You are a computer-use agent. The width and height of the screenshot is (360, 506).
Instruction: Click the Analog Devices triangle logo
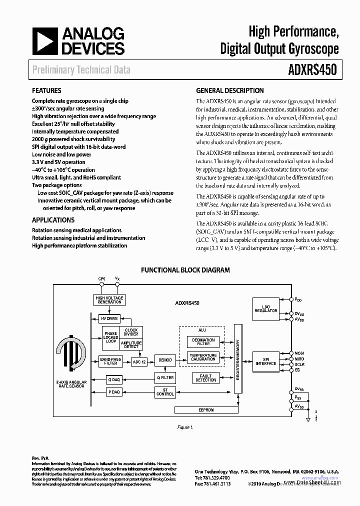point(43,41)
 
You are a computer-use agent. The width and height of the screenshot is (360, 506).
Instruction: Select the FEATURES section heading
point(46,90)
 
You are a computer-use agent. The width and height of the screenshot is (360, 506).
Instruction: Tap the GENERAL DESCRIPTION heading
point(229,90)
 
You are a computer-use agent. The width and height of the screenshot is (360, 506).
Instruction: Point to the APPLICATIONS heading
point(53,220)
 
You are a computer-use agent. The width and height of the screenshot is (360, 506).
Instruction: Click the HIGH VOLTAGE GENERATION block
point(109,300)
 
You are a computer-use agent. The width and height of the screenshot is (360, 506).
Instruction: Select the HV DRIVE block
point(109,318)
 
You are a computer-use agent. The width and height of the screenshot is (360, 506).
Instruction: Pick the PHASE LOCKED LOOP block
point(110,337)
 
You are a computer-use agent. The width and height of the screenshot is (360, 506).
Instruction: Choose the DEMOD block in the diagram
point(165,360)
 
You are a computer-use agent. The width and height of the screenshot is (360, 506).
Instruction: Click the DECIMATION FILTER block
point(203,342)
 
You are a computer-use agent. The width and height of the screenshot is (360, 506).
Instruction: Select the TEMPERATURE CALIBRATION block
point(203,357)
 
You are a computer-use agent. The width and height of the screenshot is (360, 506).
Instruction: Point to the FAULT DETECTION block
point(205,378)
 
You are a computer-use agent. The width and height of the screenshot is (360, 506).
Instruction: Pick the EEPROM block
point(206,409)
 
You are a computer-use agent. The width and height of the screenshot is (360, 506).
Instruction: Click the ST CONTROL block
point(165,392)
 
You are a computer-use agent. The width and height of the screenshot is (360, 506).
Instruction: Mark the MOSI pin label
point(299,353)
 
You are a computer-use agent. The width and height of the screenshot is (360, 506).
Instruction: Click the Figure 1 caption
point(185,427)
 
